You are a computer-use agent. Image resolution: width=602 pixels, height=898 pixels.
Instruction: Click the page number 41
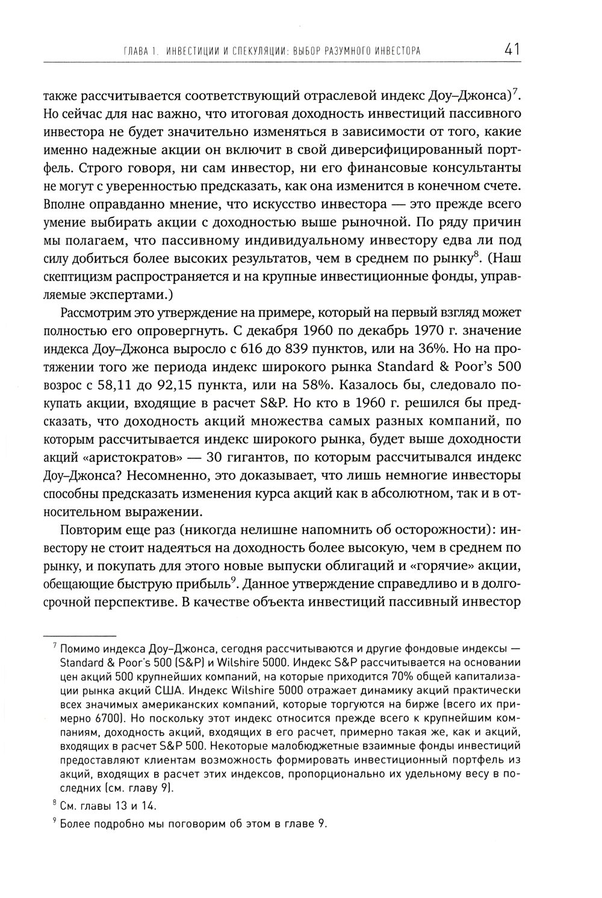pos(513,49)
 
